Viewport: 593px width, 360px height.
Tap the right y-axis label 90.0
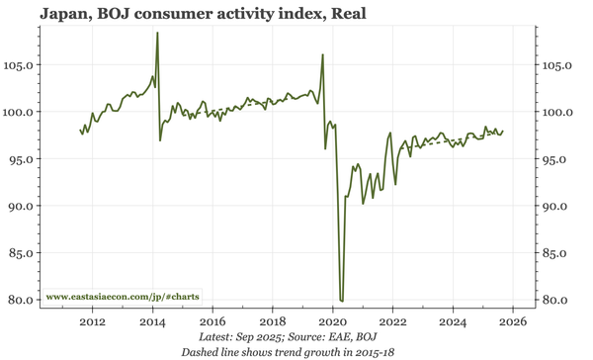(558, 206)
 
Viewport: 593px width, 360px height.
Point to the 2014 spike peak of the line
(157, 33)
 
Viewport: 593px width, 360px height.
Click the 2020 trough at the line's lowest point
(341, 300)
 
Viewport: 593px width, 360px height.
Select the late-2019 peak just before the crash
(322, 54)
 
